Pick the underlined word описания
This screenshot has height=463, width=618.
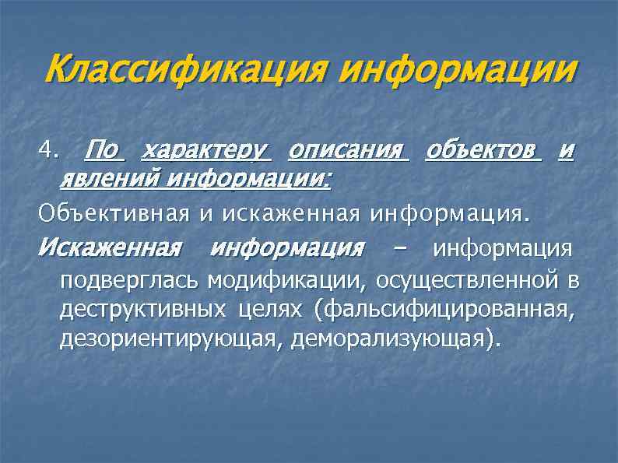click(348, 149)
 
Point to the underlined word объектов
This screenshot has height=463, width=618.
click(483, 149)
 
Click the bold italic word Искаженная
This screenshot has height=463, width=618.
click(109, 248)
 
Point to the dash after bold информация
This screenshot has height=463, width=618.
click(399, 249)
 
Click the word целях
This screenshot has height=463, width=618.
click(273, 310)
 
